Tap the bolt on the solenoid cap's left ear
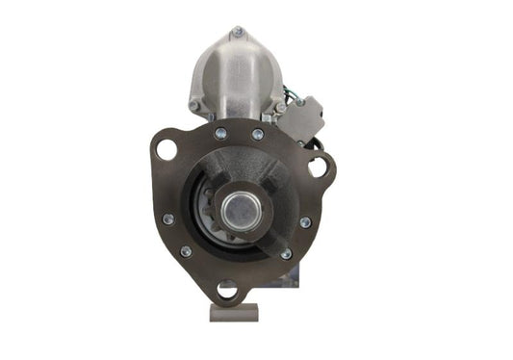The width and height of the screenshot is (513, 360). point(192,105)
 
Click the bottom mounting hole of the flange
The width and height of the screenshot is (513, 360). point(228,288)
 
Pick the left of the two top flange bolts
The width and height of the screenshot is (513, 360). point(220,134)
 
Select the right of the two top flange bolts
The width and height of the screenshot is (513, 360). point(258,134)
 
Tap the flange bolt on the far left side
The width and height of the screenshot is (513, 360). point(167,219)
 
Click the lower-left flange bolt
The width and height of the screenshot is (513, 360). point(186,251)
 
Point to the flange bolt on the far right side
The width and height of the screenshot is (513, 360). point(305,222)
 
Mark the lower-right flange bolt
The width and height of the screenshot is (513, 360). point(286,254)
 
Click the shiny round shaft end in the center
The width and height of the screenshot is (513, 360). point(238,206)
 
